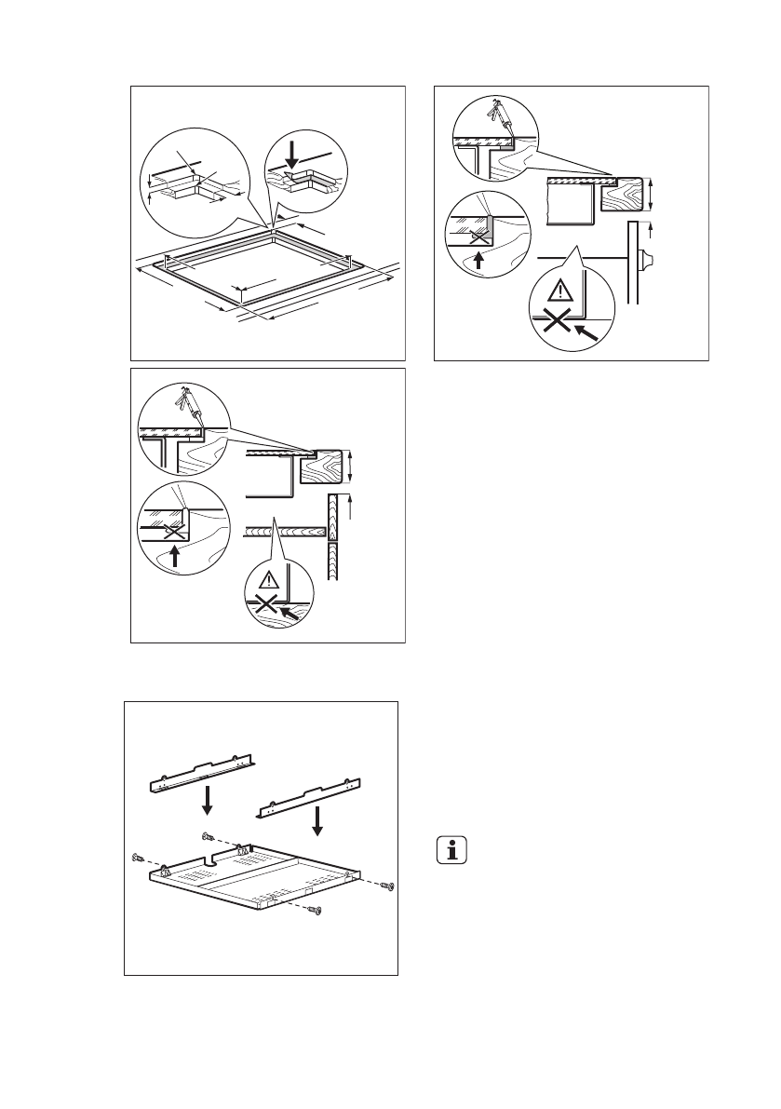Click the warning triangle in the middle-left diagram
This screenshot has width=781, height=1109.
click(x=269, y=580)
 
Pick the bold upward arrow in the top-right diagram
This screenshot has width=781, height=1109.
click(x=479, y=262)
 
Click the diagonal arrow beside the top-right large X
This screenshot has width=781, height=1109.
click(x=589, y=331)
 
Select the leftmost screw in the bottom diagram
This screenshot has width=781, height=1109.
click(x=138, y=858)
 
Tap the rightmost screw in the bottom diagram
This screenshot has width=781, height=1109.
click(x=390, y=885)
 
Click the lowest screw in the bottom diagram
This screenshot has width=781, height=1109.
click(x=318, y=911)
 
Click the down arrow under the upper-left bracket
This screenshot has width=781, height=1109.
click(x=210, y=798)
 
